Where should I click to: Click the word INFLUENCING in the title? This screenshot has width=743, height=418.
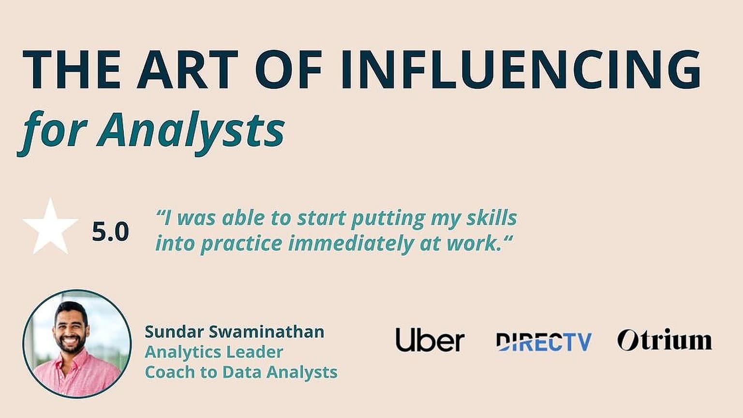point(521,69)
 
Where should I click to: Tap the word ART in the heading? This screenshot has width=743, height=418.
point(187,69)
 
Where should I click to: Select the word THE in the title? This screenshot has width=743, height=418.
point(71,69)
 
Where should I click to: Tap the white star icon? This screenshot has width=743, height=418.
point(50,227)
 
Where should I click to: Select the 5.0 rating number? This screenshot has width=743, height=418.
point(110,232)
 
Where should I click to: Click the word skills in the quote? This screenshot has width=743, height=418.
point(491,218)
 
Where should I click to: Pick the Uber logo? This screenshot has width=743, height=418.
point(430,340)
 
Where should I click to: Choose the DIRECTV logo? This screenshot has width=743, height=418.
point(544,342)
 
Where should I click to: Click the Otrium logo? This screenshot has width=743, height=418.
point(665,340)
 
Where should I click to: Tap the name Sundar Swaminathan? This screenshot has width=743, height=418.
point(234,332)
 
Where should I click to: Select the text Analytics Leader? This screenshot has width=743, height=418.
point(214,352)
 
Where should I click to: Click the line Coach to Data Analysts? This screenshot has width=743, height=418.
point(241,372)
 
